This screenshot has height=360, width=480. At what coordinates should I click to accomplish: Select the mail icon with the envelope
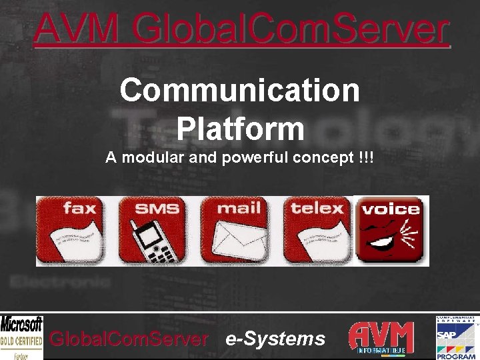(x=239, y=231)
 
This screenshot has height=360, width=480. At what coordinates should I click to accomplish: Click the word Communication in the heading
(x=240, y=90)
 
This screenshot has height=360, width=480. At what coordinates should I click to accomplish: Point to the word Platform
(x=240, y=128)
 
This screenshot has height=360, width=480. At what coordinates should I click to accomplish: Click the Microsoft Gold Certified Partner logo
(x=21, y=337)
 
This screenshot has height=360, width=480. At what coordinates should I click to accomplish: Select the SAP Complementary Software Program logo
(x=456, y=337)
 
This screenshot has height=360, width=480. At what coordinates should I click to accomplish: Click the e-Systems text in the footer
(x=275, y=339)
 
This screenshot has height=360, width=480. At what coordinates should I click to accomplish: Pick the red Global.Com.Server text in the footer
(x=129, y=339)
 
